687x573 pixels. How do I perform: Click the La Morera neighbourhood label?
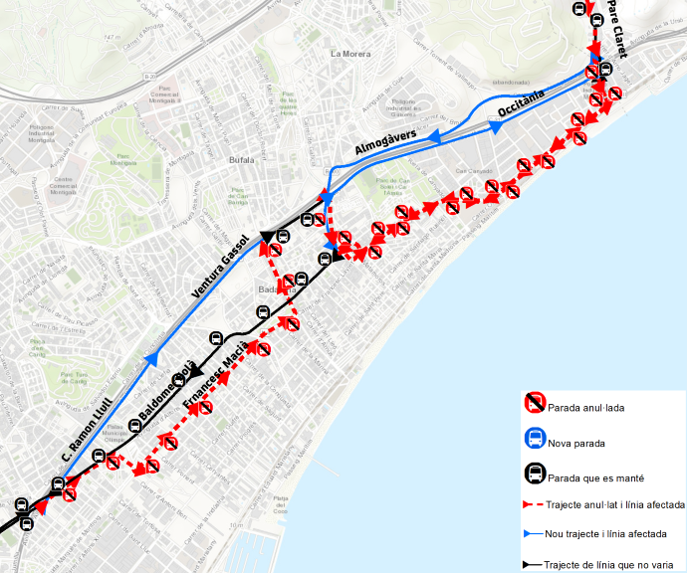click(350, 54)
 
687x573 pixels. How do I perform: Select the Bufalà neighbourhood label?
click(241, 159)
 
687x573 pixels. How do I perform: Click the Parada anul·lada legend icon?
click(535, 404)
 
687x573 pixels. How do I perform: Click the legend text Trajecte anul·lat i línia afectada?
click(615, 505)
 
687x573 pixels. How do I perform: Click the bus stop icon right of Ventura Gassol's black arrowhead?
click(283, 237)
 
